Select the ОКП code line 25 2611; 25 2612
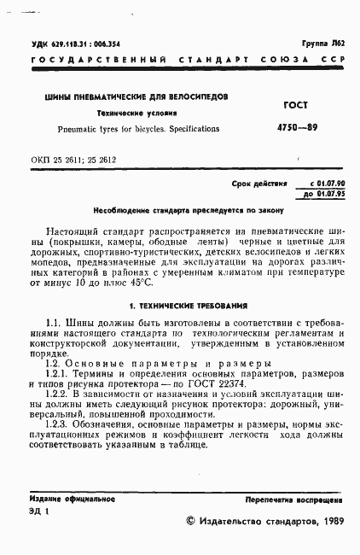click(x=73, y=160)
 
